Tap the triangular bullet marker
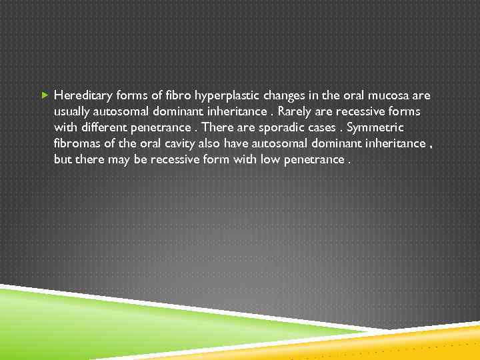click(x=44, y=95)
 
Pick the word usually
click(x=73, y=111)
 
